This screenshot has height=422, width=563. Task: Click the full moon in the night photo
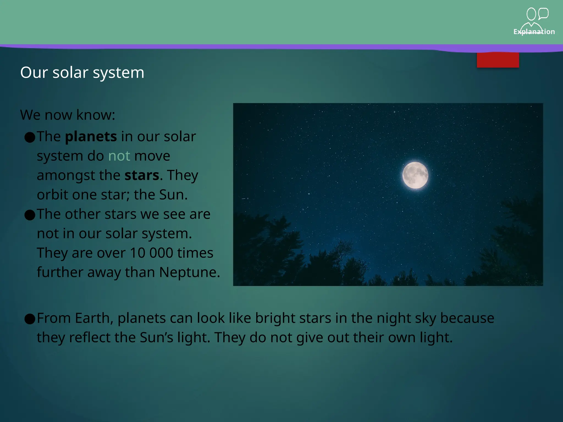click(x=415, y=175)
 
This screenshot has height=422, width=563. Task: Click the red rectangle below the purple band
click(x=498, y=60)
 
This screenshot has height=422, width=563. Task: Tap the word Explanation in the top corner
click(x=534, y=32)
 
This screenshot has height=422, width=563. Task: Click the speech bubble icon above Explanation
click(x=543, y=13)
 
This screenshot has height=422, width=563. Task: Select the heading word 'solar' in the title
click(x=70, y=73)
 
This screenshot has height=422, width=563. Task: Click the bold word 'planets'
click(x=91, y=137)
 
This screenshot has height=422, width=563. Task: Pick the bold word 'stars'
click(x=142, y=175)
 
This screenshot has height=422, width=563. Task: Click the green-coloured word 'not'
click(x=119, y=156)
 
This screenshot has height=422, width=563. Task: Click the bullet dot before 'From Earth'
click(x=30, y=319)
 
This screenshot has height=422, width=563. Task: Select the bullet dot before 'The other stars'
click(x=30, y=215)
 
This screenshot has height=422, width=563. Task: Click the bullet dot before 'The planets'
click(x=30, y=137)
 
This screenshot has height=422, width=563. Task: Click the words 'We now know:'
click(x=68, y=115)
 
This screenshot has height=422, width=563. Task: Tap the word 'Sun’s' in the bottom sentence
click(x=156, y=338)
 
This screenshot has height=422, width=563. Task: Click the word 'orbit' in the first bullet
click(x=52, y=195)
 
